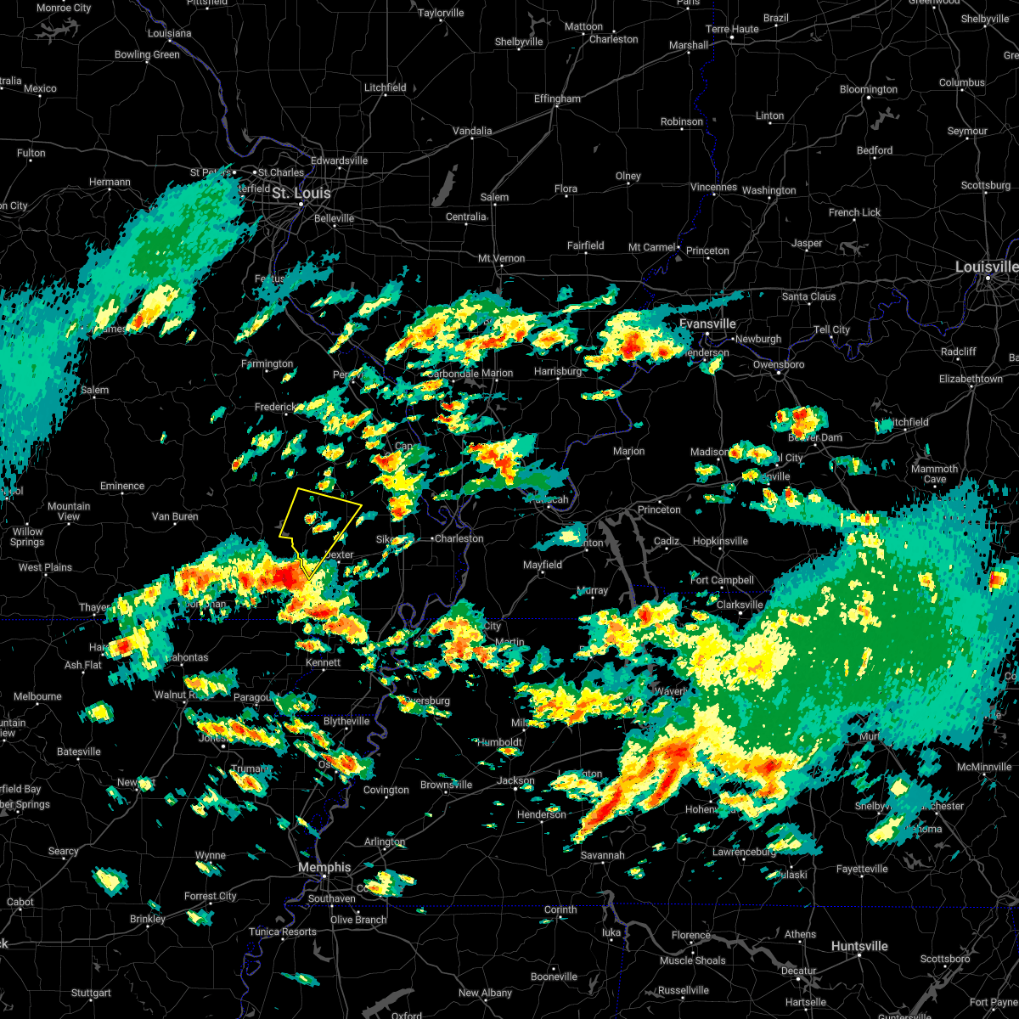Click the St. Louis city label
click(x=301, y=194)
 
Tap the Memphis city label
click(x=324, y=867)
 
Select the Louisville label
click(x=985, y=267)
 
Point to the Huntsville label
click(x=859, y=946)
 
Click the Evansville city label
click(x=707, y=324)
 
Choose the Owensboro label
click(x=779, y=364)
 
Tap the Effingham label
click(x=557, y=99)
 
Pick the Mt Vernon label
click(x=501, y=258)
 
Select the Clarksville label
click(x=740, y=605)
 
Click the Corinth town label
click(x=560, y=909)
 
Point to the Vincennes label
click(x=713, y=187)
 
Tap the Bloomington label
click(x=869, y=89)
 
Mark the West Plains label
click(x=45, y=567)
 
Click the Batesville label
click(x=78, y=752)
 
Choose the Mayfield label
click(x=543, y=565)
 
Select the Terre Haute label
click(x=732, y=29)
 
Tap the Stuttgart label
click(x=91, y=993)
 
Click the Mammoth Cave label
click(x=934, y=474)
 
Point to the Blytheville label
click(x=346, y=721)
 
